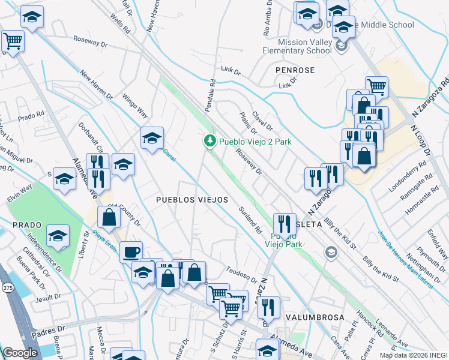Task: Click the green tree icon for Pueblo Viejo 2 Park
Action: click(209, 142)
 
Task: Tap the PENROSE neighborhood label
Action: click(295, 70)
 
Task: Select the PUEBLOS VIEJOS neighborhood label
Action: click(191, 199)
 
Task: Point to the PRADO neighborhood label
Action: click(26, 224)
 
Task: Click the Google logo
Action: click(20, 353)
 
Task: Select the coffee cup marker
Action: click(131, 251)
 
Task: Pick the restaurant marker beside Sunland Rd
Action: click(285, 223)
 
